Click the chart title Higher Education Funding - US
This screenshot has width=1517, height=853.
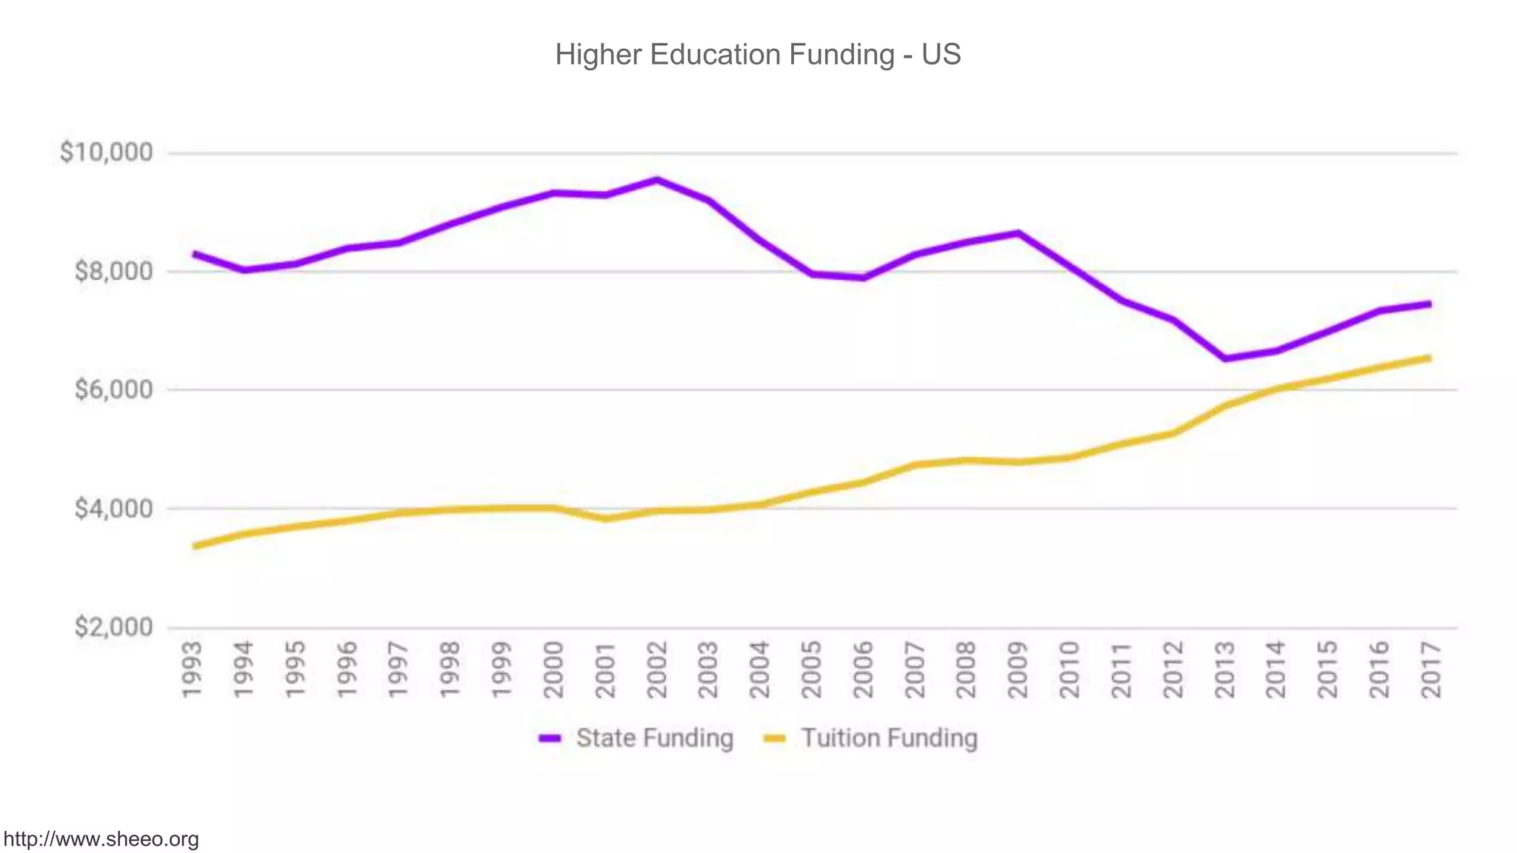(758, 55)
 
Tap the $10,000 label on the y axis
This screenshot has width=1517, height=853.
(107, 153)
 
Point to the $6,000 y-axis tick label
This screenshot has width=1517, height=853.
(113, 389)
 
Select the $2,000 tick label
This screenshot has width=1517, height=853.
(113, 627)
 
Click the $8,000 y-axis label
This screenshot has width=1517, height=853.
(113, 271)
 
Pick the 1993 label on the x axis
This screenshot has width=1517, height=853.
(192, 669)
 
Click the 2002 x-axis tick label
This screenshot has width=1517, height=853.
(657, 669)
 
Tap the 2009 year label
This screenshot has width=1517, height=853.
(1018, 669)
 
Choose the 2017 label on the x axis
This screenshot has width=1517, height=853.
(1431, 669)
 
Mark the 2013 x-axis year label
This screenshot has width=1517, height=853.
(1224, 669)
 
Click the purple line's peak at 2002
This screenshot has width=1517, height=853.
(657, 179)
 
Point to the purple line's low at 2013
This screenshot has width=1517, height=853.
(1225, 359)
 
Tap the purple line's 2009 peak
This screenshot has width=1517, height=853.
(1018, 233)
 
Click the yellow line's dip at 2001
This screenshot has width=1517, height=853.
(606, 518)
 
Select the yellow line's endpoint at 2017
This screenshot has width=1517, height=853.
(1430, 358)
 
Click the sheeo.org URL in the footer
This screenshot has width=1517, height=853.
(101, 840)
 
